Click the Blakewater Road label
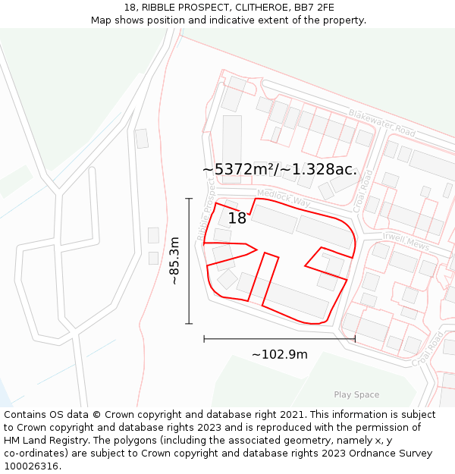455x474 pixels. pos(381,124)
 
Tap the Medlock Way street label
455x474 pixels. pos(284,198)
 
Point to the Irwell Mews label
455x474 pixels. pos(406,241)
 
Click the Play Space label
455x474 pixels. pos(356,394)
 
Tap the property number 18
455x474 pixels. pos(237,218)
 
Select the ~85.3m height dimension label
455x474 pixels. pos(174,261)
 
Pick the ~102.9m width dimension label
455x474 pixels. pos(279,354)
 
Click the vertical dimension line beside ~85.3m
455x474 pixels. pos(189,261)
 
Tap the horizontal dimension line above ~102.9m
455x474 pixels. pos(279,339)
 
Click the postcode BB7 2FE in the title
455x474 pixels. pos(313,7)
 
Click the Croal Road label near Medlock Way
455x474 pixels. pos(363,190)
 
